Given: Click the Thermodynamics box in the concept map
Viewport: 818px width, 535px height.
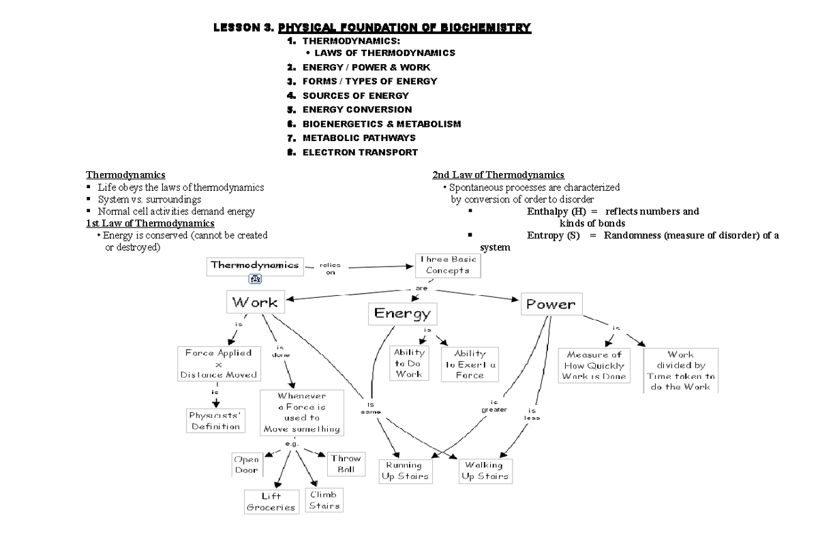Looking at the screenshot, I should coord(255,266).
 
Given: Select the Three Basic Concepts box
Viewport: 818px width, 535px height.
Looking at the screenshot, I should coord(448,265).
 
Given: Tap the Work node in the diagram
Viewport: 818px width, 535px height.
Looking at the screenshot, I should coord(254,302).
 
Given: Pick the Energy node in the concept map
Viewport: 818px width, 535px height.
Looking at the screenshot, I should coord(402,314).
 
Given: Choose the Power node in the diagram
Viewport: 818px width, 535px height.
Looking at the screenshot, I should coord(551,305).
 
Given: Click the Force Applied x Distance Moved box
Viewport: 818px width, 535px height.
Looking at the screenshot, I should coord(218,364).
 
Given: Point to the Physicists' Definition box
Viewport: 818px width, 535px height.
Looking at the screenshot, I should coord(215,421).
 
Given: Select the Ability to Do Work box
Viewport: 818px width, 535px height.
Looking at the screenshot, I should coord(409,363).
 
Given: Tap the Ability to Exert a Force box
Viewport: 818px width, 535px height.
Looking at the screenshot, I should coord(470,364).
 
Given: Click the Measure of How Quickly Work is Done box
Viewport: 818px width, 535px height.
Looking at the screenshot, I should coord(594,366).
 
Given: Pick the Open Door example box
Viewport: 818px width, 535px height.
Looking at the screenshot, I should coord(246,465).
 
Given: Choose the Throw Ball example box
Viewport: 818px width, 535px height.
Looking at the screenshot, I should coord(346,464).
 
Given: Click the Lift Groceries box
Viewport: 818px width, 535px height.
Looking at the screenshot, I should coord(271,502).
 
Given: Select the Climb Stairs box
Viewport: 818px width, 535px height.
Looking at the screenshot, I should coord(324,500).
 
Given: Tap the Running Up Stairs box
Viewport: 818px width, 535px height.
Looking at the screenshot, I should coord(404,471).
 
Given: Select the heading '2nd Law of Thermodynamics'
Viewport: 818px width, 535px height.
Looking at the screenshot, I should coord(498,175).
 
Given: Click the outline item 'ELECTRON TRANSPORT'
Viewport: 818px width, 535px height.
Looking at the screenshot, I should coord(360,152).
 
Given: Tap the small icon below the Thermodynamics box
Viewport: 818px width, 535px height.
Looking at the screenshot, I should coord(256,278).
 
